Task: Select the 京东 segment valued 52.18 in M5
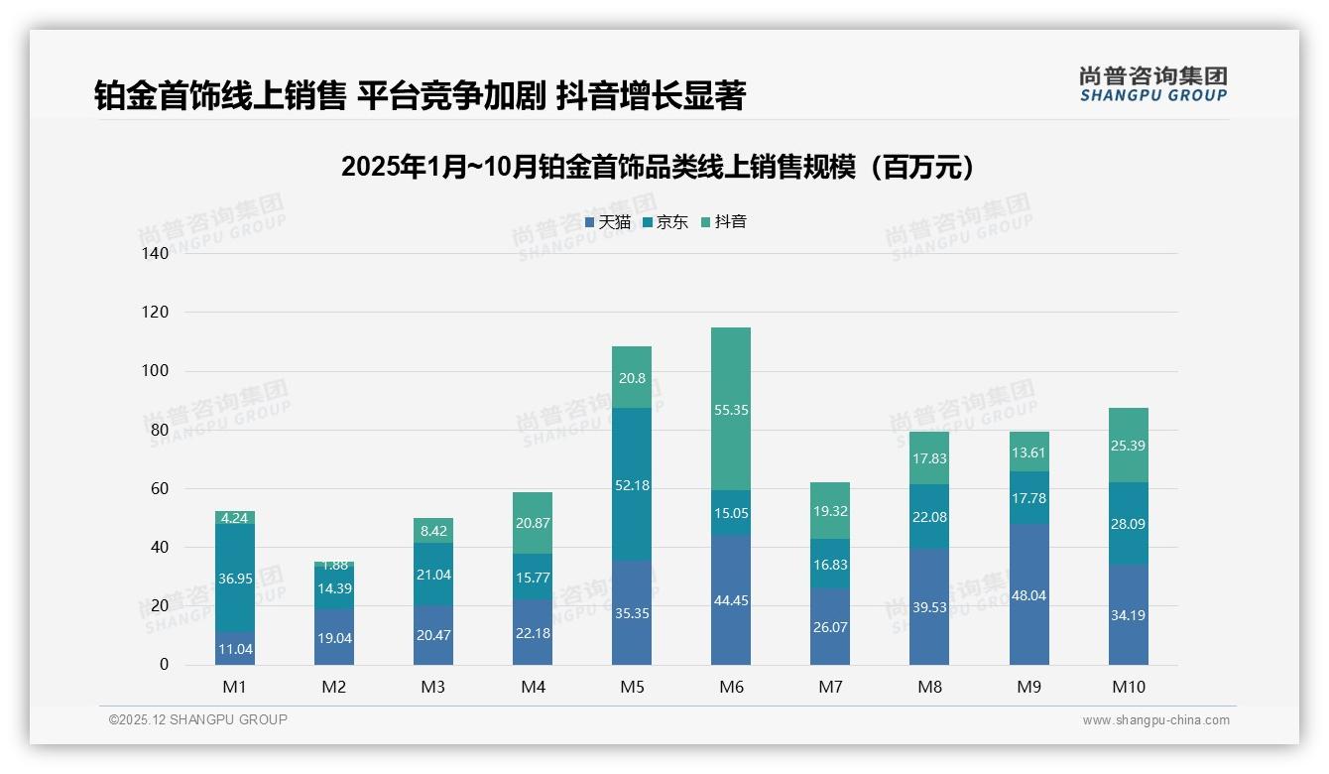pyautogui.click(x=632, y=484)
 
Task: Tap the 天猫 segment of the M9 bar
pyautogui.click(x=1028, y=594)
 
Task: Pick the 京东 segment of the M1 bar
pyautogui.click(x=235, y=578)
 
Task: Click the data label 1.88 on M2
pyautogui.click(x=334, y=565)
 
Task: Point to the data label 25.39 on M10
pyautogui.click(x=1128, y=446)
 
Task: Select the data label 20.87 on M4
pyautogui.click(x=533, y=523)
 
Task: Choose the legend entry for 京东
pyautogui.click(x=664, y=222)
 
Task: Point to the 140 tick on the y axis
pyautogui.click(x=156, y=253)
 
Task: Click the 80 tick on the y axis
pyautogui.click(x=159, y=430)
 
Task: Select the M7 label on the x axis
pyautogui.click(x=830, y=687)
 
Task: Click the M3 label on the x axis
pyautogui.click(x=433, y=687)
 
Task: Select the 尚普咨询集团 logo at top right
pyautogui.click(x=1152, y=84)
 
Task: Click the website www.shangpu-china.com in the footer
pyautogui.click(x=1155, y=720)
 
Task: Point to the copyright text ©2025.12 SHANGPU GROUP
pyautogui.click(x=198, y=720)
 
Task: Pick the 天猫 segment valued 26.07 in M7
pyautogui.click(x=830, y=626)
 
